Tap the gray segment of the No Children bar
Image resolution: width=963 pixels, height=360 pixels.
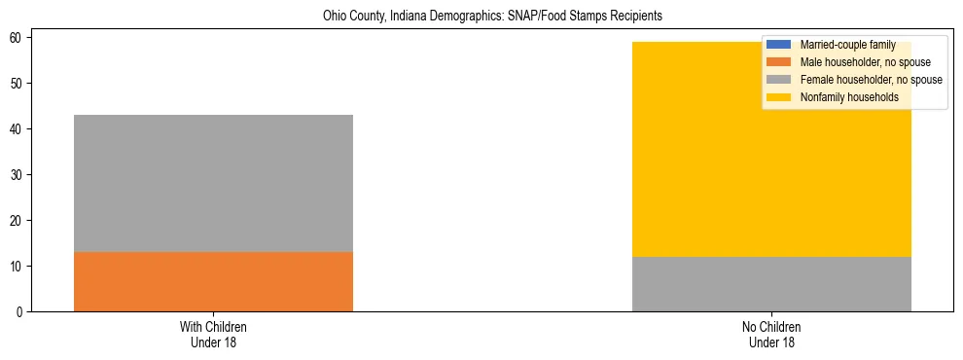[771, 284]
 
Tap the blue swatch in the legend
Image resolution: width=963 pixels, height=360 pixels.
[779, 45]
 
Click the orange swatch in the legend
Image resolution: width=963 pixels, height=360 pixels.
[779, 62]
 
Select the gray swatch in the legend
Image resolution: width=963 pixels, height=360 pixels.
[779, 80]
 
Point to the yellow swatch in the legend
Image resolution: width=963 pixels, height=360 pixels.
[779, 97]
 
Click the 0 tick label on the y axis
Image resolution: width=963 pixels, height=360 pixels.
[20, 312]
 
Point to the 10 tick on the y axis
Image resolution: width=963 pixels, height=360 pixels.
[18, 267]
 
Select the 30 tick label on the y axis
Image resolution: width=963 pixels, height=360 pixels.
[18, 175]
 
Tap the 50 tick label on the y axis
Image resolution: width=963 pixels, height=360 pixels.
[18, 84]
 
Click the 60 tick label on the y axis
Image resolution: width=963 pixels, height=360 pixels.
[18, 38]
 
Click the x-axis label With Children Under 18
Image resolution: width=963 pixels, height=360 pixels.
[213, 335]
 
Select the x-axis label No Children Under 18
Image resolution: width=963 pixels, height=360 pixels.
[771, 335]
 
